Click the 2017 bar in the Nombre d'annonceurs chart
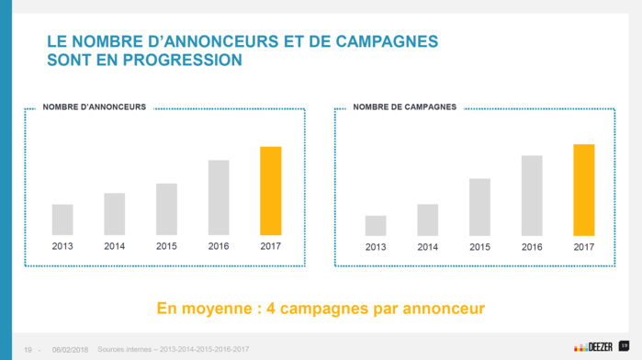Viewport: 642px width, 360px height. pos(270,190)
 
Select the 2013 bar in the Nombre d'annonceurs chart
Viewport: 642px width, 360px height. pos(62,219)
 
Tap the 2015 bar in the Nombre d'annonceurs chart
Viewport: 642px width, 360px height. pos(166,208)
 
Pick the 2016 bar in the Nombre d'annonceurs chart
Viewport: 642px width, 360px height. pos(219,197)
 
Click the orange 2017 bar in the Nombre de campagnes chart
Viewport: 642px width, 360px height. pos(583,189)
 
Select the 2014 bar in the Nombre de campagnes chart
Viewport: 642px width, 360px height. pos(427,219)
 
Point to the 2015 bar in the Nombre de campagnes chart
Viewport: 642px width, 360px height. pos(479,207)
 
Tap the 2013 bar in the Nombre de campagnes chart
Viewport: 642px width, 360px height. pos(376,225)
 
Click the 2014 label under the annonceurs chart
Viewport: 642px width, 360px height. pos(115,246)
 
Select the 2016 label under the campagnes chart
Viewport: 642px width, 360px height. pos(532,247)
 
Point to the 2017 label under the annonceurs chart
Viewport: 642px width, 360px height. pos(270,246)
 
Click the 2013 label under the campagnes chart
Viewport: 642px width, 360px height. pos(376,247)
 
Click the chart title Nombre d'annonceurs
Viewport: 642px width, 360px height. pos(95,107)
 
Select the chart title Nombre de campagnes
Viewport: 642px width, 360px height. pos(404,107)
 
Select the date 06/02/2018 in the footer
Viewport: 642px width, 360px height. pos(70,349)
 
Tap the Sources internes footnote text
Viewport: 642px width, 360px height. pos(172,349)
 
